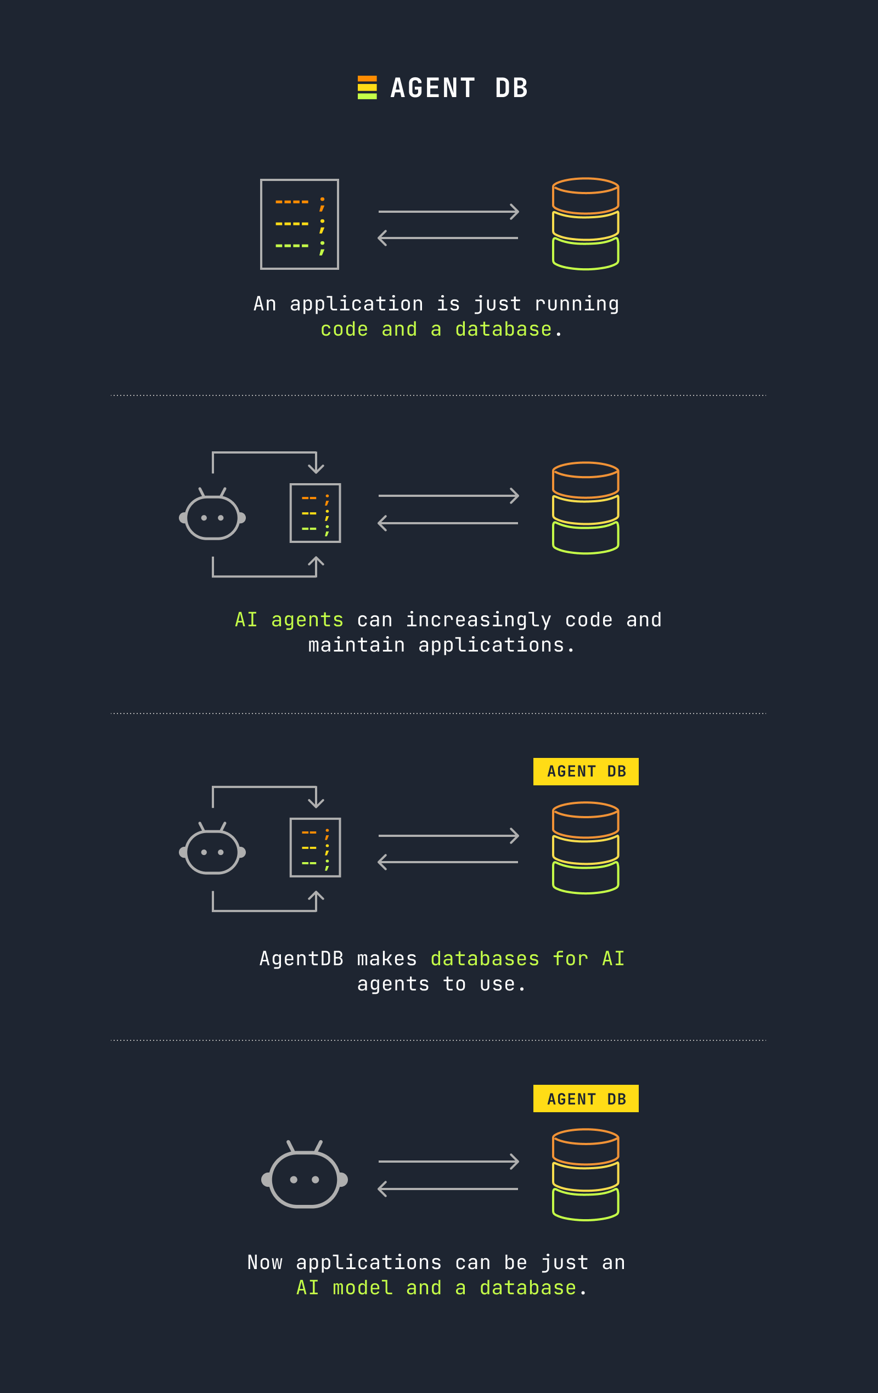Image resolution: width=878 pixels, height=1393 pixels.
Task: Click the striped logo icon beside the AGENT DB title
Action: coord(367,87)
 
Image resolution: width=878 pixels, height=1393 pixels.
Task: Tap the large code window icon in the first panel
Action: coord(299,224)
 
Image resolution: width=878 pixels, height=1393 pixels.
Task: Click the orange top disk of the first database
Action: coord(585,194)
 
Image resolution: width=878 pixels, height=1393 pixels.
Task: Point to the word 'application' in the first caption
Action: coord(356,304)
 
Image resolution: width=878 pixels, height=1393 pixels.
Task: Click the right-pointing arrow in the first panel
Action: coord(448,212)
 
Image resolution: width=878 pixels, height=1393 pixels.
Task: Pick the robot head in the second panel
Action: coord(212,517)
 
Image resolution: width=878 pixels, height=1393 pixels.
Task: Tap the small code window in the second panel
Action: coord(315,513)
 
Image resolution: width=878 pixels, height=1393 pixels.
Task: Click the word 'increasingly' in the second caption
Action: coord(478,620)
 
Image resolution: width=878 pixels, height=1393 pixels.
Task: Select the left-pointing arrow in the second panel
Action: coord(448,524)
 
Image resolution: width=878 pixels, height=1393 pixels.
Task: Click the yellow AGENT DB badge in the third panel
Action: coord(586,771)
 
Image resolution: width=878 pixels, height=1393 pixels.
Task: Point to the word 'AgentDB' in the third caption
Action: coord(301,959)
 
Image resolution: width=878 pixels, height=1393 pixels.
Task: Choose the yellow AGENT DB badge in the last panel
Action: coord(586,1098)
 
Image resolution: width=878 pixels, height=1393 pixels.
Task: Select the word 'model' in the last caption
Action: coord(362,1288)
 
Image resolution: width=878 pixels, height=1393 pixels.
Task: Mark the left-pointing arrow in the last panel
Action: coord(448,1190)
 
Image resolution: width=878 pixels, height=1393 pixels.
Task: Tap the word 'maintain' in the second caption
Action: coord(356,645)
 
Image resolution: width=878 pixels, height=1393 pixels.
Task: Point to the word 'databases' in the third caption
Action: coord(485,959)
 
